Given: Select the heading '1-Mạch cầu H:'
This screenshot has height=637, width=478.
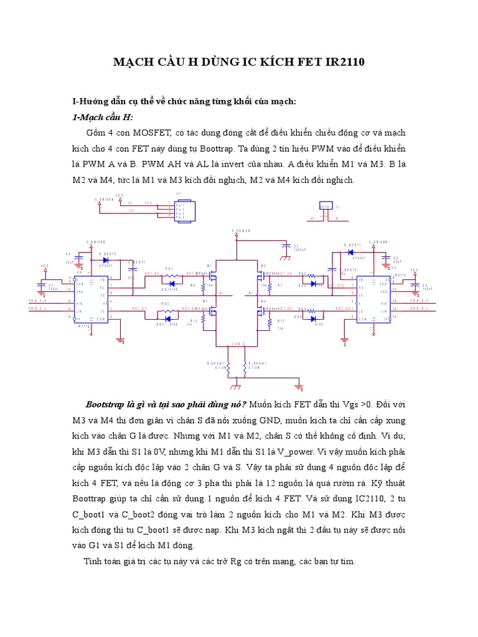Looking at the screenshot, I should (103, 117).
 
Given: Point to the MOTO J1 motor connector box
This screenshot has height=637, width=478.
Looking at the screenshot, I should (326, 208).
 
